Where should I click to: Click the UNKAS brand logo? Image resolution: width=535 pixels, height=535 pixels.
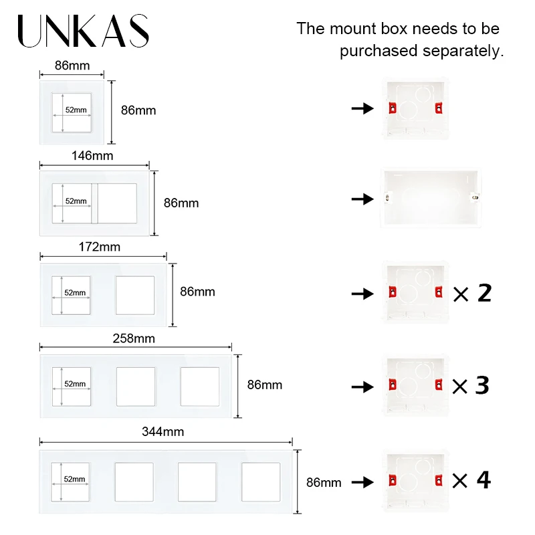[x=83, y=31]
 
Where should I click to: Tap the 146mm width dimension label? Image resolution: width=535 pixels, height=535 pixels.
[x=92, y=156]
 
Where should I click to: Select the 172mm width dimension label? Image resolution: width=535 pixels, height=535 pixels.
[x=100, y=247]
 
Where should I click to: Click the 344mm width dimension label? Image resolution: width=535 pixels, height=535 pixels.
[x=163, y=432]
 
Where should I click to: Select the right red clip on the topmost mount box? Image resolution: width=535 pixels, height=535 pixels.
[x=439, y=108]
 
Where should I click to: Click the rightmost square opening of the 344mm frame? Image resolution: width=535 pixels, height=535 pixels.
[x=260, y=481]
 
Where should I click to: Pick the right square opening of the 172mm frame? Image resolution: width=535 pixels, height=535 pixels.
[x=134, y=295]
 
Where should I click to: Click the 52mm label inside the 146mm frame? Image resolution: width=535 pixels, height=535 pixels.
[x=76, y=201]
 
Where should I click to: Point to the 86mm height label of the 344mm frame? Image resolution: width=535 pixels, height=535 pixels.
[x=323, y=482]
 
